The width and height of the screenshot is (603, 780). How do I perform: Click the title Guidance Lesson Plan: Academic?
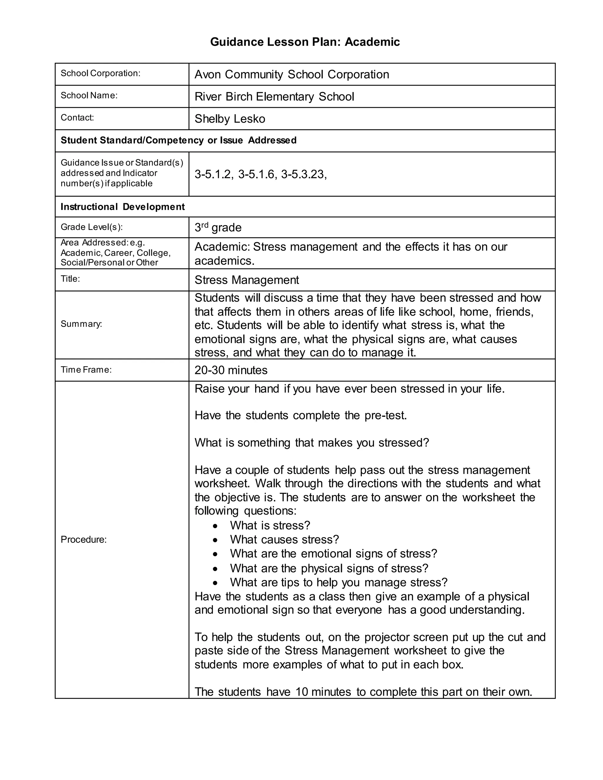305,42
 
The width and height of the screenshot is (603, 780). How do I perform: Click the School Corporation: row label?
100,73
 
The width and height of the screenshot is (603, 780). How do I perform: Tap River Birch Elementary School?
274,97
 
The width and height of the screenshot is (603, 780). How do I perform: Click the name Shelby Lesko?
230,119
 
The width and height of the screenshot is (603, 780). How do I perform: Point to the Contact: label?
77,117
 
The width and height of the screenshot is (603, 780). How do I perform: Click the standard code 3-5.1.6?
257,174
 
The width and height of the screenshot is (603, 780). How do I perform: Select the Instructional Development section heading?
122,207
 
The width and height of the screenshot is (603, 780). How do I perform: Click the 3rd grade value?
218,228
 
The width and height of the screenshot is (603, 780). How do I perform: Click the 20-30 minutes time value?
231,370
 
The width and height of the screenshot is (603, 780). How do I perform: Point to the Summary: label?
82,324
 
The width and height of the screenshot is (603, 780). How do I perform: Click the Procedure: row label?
84,539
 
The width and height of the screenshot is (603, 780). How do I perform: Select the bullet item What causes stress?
284,539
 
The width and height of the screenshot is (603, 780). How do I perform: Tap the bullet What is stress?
270,525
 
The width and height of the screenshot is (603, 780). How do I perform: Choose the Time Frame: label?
86,370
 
